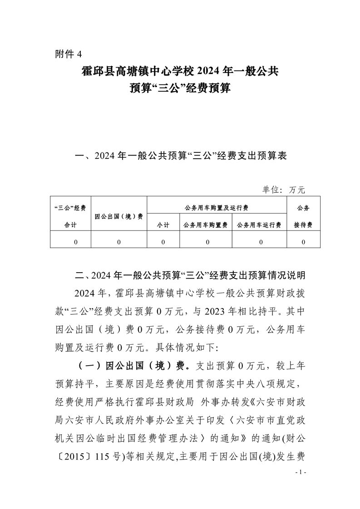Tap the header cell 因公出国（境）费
(x=119, y=216)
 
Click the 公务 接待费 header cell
(x=303, y=216)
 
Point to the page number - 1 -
(x=301, y=473)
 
